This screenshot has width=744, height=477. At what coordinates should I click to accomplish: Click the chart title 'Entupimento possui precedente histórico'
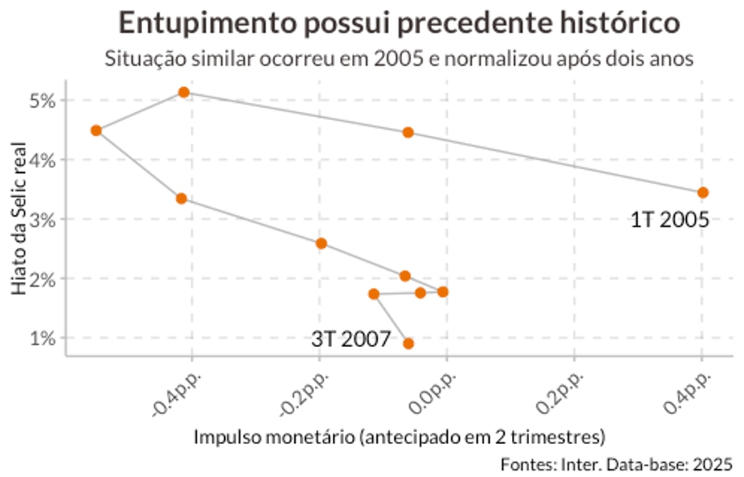click(398, 23)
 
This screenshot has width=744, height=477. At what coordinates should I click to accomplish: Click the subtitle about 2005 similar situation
click(399, 58)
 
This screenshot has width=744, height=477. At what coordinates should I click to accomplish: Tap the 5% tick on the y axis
click(44, 100)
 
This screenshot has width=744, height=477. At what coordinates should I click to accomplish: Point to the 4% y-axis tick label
click(44, 159)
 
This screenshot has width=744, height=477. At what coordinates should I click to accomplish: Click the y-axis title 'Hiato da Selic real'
click(19, 219)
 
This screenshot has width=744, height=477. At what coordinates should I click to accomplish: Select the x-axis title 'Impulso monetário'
click(399, 436)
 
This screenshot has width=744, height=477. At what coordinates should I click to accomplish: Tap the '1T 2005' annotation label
click(669, 219)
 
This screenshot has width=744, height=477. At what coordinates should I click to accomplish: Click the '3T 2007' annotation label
click(351, 338)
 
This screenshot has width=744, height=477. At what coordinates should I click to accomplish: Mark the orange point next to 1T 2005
click(703, 192)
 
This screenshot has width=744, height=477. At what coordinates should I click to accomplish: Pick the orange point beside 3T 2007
click(408, 343)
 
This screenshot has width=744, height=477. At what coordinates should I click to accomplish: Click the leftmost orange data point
click(96, 130)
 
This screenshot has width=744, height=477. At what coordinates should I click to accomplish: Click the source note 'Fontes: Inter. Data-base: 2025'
click(616, 463)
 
